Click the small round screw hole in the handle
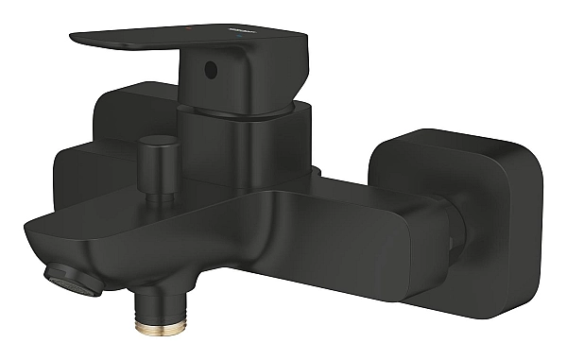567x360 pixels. click(211, 69)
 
